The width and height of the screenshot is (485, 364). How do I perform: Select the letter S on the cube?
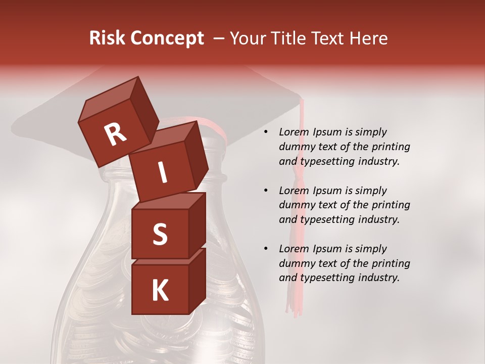[160, 234]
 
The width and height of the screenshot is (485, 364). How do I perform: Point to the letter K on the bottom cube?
[160, 291]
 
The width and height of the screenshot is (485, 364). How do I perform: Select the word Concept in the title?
[167, 38]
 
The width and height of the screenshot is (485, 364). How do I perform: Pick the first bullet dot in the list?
[265, 132]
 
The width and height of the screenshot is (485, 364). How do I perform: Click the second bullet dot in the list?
[265, 191]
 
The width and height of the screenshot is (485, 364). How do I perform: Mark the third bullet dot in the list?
[265, 249]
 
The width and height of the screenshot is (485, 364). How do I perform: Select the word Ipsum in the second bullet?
[328, 191]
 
